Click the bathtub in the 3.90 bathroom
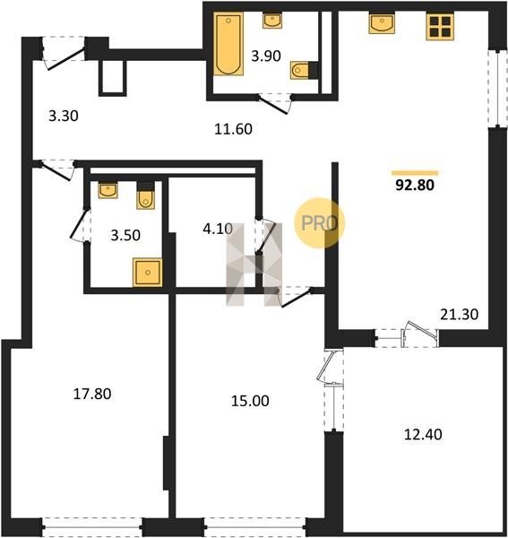228,44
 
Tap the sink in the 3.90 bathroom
272,21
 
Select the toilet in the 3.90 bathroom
306,70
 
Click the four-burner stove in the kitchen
441,26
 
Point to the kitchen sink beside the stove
382,23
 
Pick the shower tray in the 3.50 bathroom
148,273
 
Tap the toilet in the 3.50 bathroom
146,195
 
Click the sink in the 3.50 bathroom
108,190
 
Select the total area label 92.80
415,186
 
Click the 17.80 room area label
92,394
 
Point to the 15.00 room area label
250,401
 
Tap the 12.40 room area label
423,434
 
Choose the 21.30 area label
459,315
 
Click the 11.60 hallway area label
234,129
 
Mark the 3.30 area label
64,116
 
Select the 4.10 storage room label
218,229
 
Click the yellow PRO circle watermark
320,223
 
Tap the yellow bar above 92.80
415,173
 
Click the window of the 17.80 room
92,527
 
